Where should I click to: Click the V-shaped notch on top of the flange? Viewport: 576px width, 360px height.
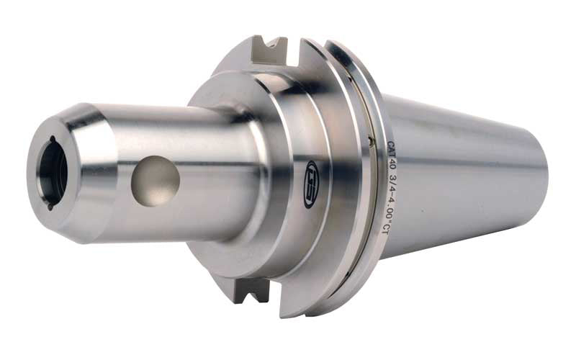(276, 50)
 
